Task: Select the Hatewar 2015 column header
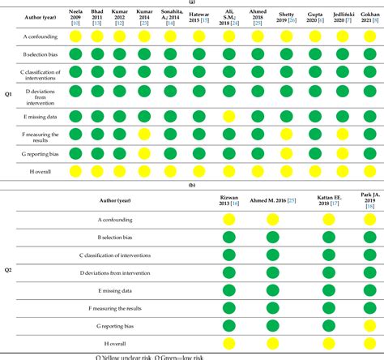click(198, 19)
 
